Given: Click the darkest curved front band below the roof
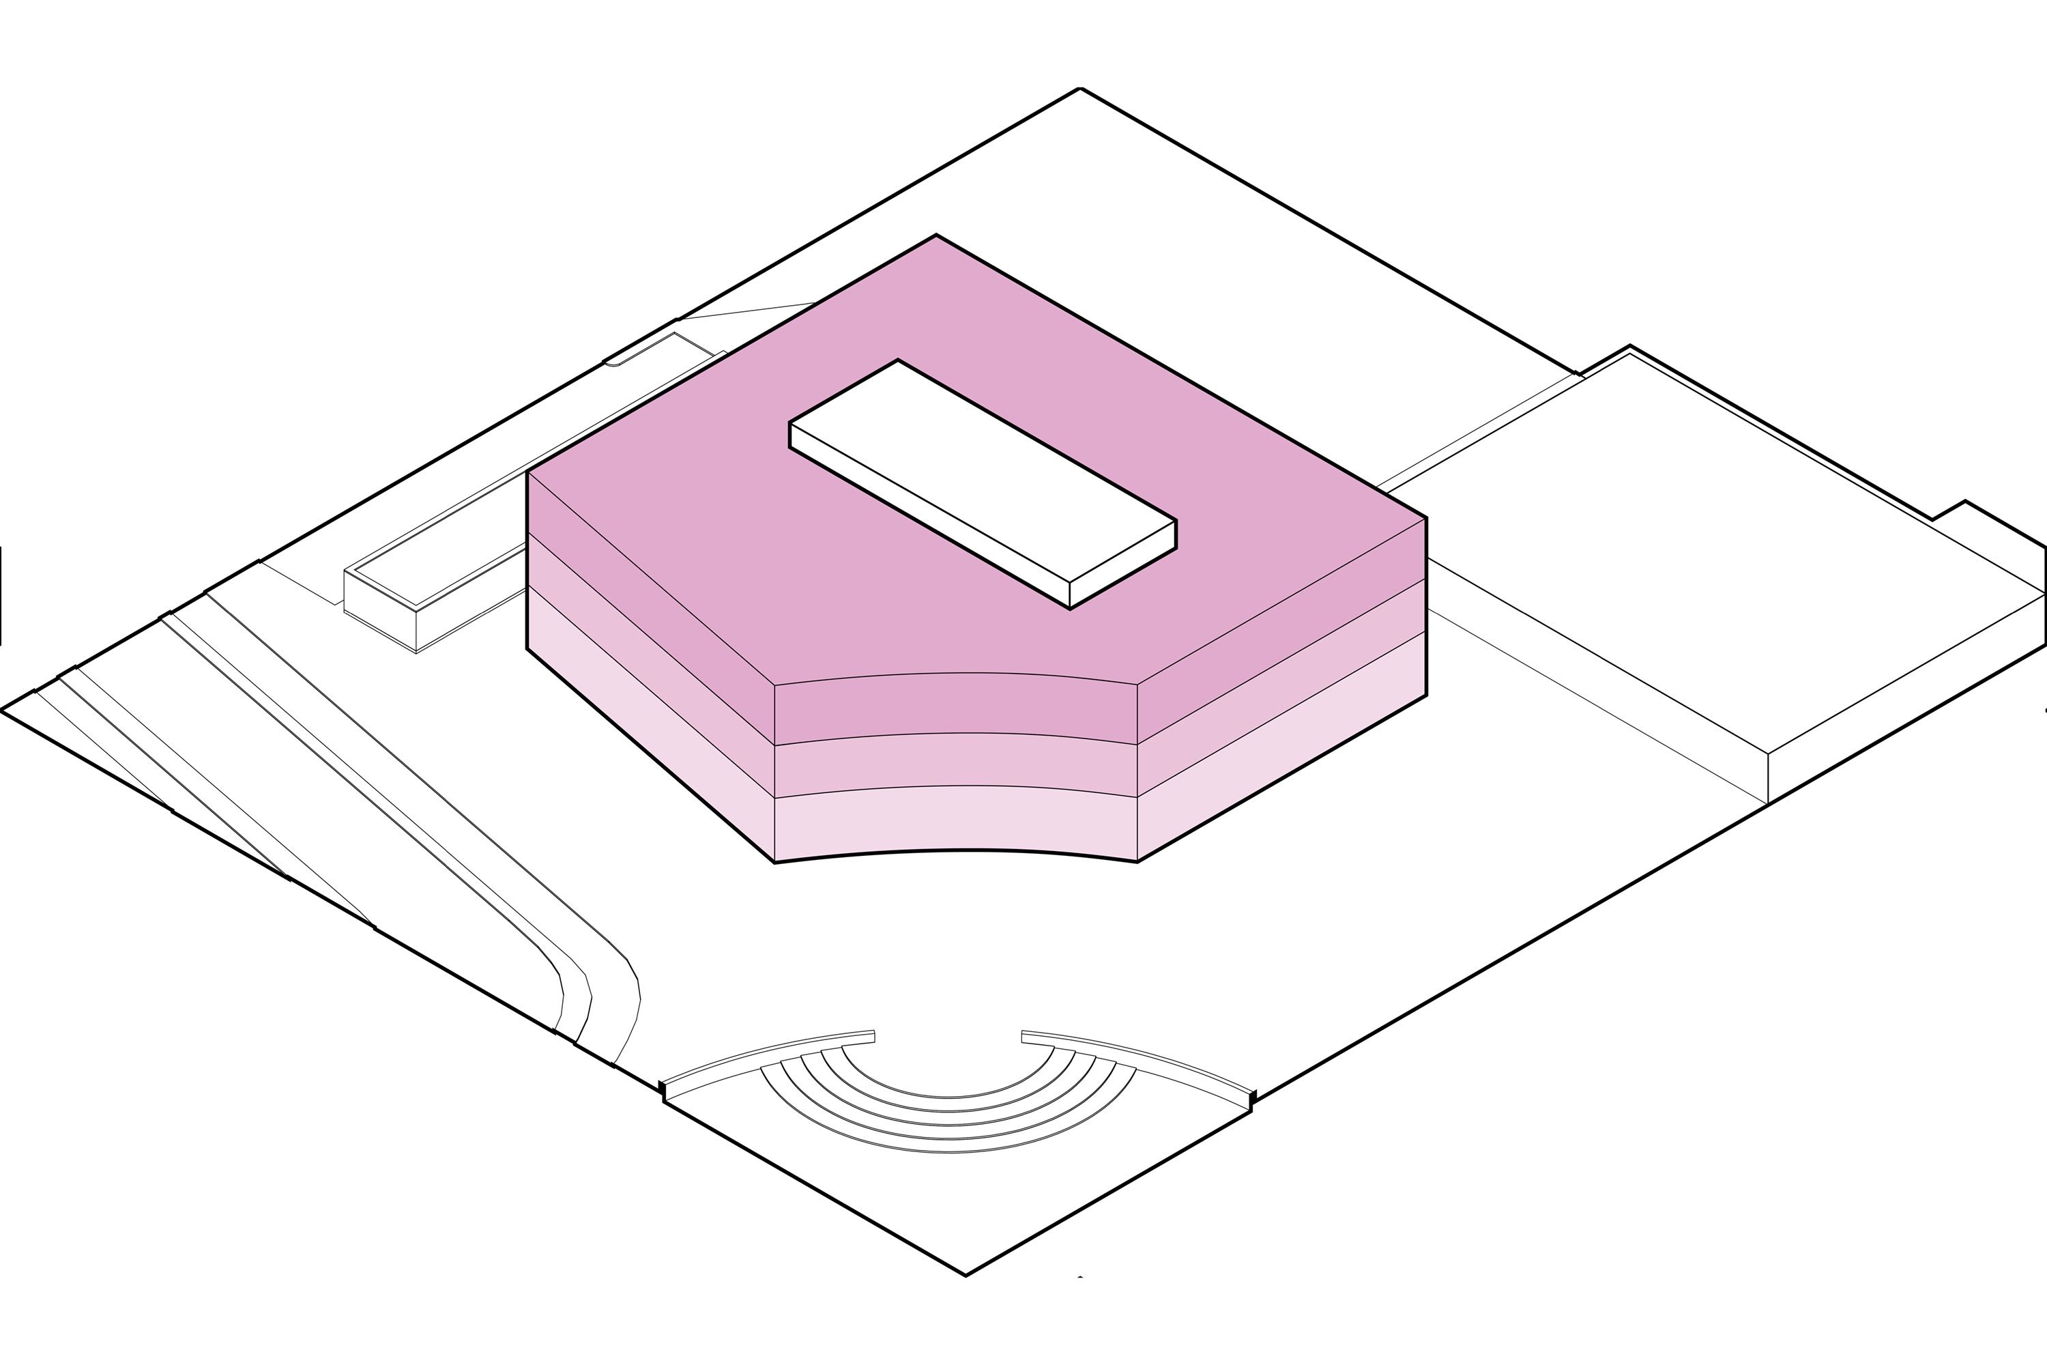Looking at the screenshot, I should point(956,707).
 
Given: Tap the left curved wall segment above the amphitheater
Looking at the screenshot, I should point(766,1055).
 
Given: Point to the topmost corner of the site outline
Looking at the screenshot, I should point(1080,89).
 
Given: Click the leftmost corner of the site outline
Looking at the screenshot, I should point(3,710).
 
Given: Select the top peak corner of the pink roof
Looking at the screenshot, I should point(936,236).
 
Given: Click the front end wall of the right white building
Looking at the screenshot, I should point(1906,696).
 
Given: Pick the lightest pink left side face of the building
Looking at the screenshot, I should point(648,723).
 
